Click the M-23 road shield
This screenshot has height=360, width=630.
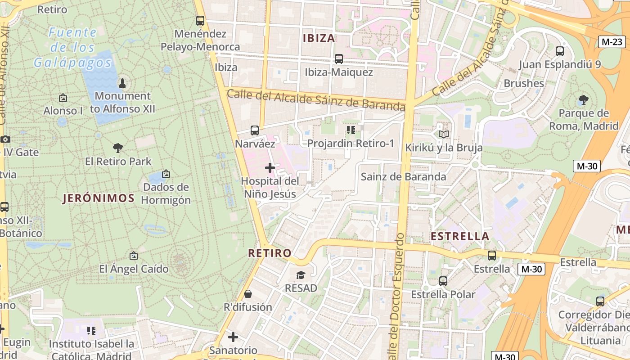point(612,42)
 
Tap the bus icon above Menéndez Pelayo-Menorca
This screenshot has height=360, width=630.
point(200,21)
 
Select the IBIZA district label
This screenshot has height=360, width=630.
point(319,38)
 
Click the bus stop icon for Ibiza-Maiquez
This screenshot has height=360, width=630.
point(339,59)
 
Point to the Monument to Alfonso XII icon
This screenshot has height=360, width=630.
point(122,83)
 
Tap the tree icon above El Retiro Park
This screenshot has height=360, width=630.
point(118,148)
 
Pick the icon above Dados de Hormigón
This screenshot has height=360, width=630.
point(166,173)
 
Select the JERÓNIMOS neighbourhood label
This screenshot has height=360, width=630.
point(99,198)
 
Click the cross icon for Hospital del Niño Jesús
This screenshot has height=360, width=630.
point(270,168)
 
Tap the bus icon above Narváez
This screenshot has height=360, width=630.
point(255,130)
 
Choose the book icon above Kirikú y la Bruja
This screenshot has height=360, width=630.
point(444,134)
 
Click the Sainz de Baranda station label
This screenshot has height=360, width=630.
point(403,176)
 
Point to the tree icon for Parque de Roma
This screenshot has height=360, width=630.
point(584,99)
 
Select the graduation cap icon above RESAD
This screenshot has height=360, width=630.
point(301,274)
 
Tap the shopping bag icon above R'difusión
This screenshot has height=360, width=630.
point(247,294)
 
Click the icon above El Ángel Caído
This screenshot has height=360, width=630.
point(133,256)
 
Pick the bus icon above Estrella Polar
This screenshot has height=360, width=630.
point(443,281)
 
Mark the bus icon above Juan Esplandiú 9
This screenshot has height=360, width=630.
point(560,51)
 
